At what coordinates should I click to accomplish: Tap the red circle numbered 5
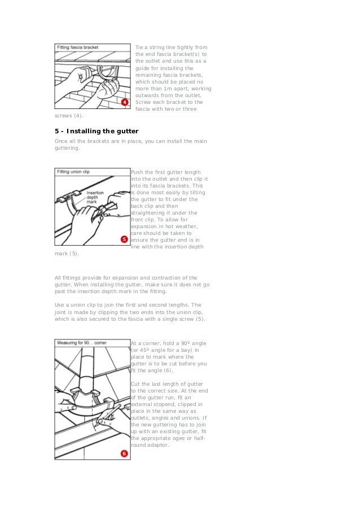point(124,239)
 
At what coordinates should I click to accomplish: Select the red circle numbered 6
point(124,453)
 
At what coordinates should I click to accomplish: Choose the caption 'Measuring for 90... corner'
point(81,343)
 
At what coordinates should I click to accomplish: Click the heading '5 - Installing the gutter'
point(96,132)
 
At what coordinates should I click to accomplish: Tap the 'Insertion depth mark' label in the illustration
point(95,197)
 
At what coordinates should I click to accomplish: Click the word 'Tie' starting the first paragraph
point(139,47)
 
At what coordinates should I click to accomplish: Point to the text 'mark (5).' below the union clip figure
point(67,254)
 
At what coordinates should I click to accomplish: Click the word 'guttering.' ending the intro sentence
point(67,150)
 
